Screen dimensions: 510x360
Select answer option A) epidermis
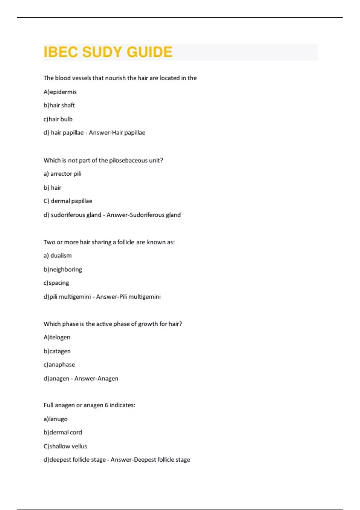pos(60,92)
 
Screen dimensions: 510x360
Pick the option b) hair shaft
pos(59,105)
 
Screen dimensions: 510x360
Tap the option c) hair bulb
pos(58,119)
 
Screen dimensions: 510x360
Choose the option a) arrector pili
pos(62,174)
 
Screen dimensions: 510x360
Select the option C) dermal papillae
pos(68,201)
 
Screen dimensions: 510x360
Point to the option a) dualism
pos(58,256)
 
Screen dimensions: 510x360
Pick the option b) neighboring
pos(63,269)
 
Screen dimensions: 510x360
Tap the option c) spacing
pos(56,283)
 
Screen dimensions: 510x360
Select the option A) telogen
pos(57,337)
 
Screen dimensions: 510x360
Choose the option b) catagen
pos(57,351)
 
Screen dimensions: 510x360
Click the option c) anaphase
pos(59,364)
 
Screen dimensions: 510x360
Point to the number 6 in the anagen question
pos(106,405)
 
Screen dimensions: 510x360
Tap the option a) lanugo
pos(55,419)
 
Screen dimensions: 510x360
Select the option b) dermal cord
pos(63,432)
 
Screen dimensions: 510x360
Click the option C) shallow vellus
pos(65,446)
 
